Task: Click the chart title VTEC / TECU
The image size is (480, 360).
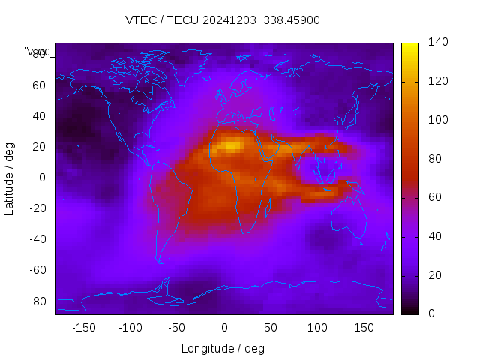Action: pos(223,20)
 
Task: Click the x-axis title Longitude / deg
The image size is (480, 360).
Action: pos(223,348)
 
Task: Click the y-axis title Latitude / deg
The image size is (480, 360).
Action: pos(10,178)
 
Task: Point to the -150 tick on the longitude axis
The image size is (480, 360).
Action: pos(83,328)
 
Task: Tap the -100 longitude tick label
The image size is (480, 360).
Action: pos(130,328)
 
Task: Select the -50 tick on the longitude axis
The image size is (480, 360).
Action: pos(177,328)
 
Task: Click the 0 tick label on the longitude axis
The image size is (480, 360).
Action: pos(224,328)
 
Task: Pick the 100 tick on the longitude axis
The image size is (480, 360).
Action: pos(317,328)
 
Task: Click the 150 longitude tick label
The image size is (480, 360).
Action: pos(364,328)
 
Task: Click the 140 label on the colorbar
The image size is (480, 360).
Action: pos(437,43)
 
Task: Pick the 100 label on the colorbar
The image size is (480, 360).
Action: pos(437,120)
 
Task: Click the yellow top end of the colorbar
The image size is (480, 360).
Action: pos(409,46)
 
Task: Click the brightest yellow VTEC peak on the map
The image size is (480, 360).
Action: pos(233,145)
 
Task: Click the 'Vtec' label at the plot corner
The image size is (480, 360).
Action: pos(38,52)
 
